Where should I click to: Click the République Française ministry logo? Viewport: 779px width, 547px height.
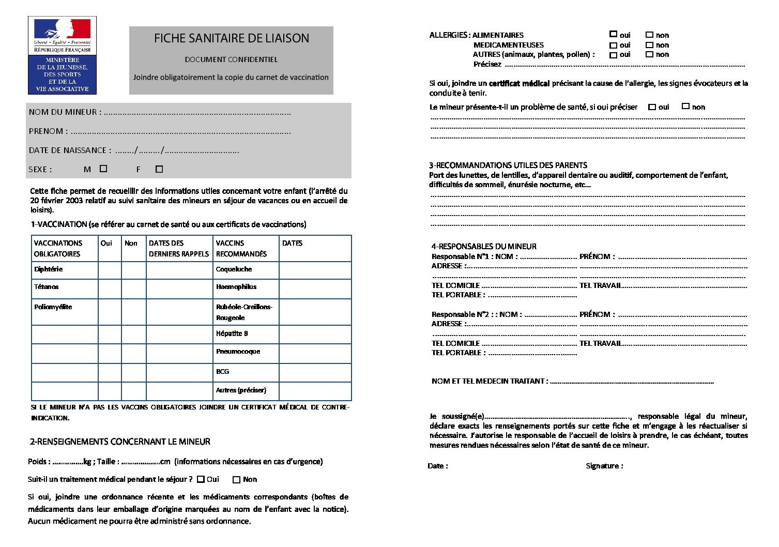(x=62, y=55)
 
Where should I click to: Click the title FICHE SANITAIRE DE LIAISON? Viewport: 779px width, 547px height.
(x=231, y=38)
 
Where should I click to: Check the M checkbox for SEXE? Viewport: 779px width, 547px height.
(x=103, y=169)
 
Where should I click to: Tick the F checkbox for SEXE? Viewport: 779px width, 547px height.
(x=159, y=169)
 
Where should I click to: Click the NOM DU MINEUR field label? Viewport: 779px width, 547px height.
(x=65, y=112)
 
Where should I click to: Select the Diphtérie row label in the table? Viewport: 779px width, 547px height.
(x=48, y=269)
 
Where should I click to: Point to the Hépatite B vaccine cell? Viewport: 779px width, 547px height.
(x=232, y=333)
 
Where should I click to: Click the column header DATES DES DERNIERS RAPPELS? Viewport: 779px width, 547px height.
(x=179, y=248)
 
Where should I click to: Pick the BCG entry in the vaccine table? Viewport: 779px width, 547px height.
(x=223, y=371)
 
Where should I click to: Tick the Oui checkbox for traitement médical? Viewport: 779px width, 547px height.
(x=201, y=479)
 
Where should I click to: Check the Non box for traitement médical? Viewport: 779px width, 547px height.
(x=237, y=480)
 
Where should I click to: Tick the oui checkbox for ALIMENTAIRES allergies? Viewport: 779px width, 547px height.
(x=613, y=34)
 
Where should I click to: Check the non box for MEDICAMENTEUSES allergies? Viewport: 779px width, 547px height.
(x=649, y=45)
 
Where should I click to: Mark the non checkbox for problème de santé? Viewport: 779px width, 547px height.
(x=685, y=106)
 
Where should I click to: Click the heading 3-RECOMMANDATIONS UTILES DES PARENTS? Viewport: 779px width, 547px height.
(x=508, y=165)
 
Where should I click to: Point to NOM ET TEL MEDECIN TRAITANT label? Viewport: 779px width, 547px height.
(x=489, y=381)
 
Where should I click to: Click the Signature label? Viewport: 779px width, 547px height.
(x=604, y=466)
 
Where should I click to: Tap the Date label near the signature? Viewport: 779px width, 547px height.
(x=437, y=466)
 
